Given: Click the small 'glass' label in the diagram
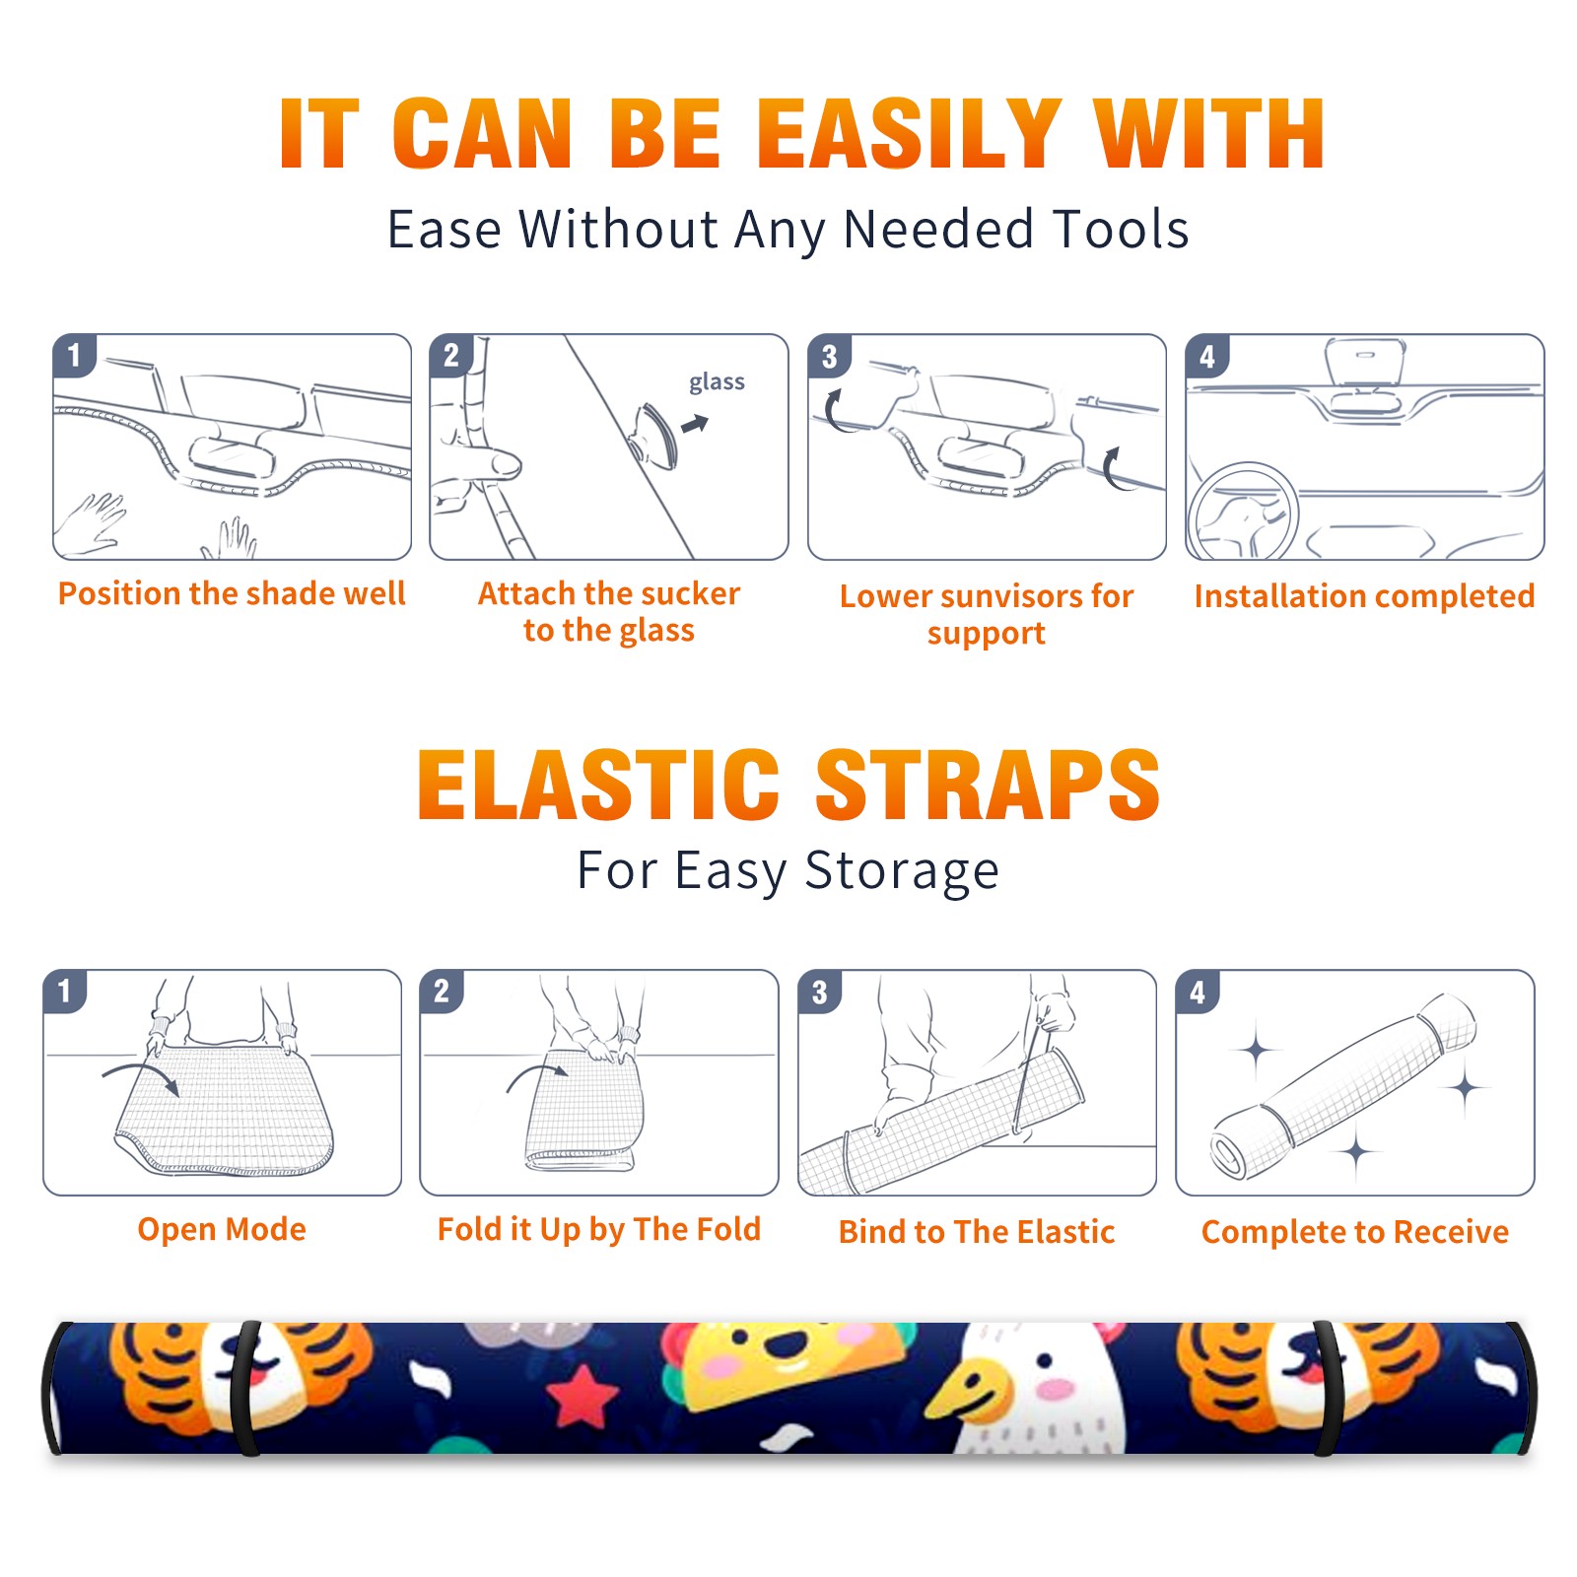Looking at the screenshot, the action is click(x=717, y=382).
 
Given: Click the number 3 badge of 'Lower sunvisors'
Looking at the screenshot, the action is click(x=829, y=356).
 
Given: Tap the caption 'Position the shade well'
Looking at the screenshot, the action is click(x=232, y=593).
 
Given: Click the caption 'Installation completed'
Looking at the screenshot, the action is click(x=1364, y=595).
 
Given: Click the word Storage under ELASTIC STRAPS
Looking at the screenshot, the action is click(x=902, y=871).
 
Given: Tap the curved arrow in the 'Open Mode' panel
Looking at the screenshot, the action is click(x=141, y=1075).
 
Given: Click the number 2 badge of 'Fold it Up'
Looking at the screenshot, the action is click(x=441, y=991).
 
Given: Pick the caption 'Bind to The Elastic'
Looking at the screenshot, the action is click(x=977, y=1231).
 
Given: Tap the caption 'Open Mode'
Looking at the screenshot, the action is click(x=222, y=1229).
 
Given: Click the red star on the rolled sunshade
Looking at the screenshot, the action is click(x=582, y=1395).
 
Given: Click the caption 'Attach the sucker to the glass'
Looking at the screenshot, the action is click(x=609, y=611).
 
